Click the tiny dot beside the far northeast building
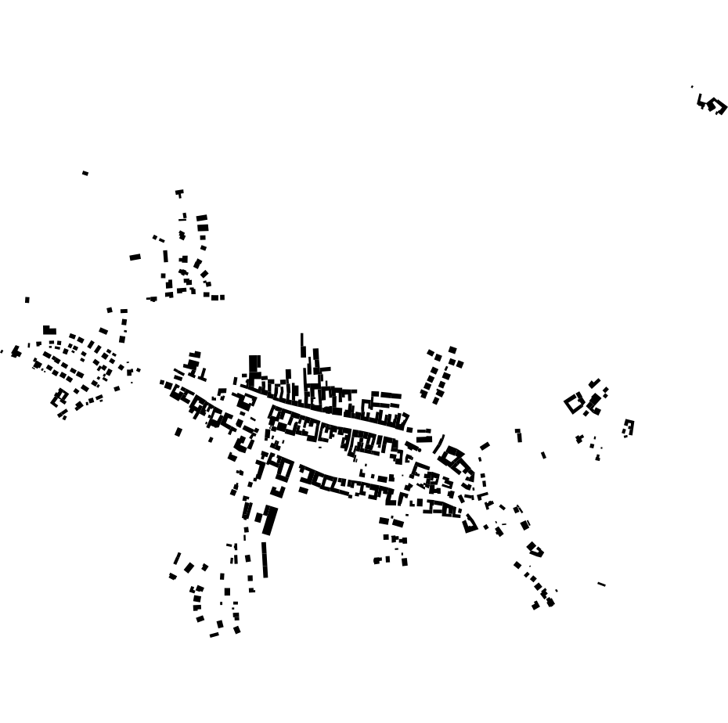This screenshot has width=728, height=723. point(692,87)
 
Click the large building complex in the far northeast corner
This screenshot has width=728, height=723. point(712,105)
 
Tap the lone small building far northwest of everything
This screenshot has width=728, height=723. point(85,173)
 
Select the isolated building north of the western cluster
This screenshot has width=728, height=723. point(27,300)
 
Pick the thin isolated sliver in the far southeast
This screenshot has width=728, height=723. point(601,584)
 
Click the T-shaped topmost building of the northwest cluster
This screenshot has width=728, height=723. point(179,192)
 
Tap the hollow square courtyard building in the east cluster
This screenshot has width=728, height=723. point(575,404)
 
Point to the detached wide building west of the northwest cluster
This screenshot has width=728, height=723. point(135,257)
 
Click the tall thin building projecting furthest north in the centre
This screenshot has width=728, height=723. point(302,345)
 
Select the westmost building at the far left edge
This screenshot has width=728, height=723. point(15,352)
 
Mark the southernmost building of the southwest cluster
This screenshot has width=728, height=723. point(214,635)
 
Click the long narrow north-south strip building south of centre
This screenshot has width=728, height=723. point(265,559)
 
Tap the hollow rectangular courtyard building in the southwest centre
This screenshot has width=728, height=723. point(285,469)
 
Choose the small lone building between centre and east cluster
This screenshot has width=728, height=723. point(543,455)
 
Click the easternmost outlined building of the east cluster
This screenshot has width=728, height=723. point(629,427)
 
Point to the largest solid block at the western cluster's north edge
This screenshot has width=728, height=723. point(49,330)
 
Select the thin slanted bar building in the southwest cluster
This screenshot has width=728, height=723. point(178,559)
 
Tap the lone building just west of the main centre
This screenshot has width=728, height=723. point(178,432)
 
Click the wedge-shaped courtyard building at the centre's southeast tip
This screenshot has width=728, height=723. point(470,523)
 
